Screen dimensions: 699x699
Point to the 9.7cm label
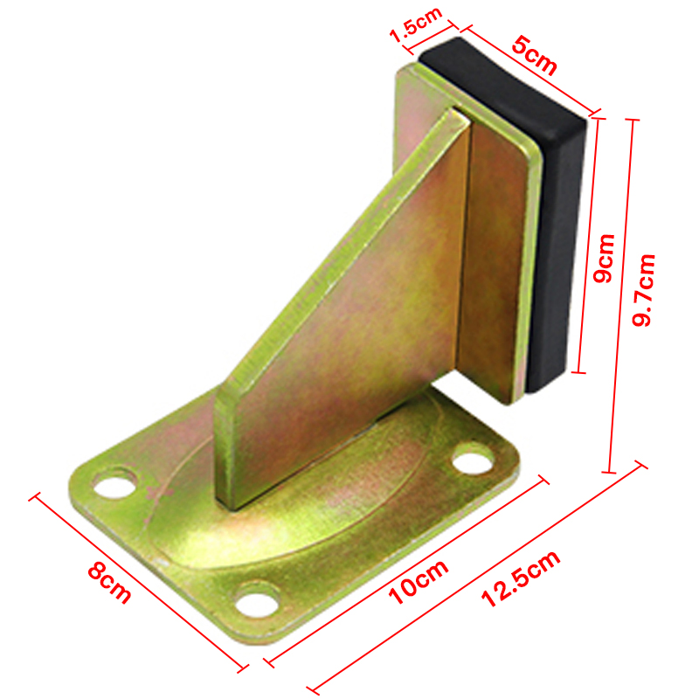pos(647,289)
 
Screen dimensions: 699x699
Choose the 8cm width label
pos(110,583)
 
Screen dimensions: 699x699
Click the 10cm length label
pos(419,581)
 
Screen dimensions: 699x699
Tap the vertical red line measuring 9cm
pos(589,245)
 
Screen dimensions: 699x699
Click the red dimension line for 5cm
pos(529,75)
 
